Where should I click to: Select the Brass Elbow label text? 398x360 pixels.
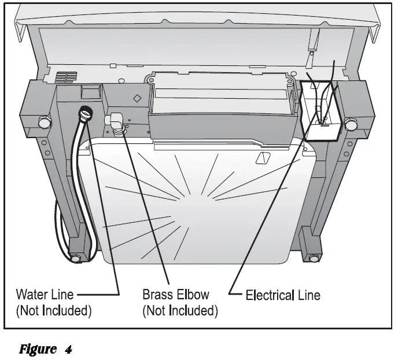176,295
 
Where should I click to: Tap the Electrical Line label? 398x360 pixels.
283,295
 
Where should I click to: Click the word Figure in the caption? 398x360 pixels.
38,349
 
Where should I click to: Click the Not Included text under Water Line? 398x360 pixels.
53,311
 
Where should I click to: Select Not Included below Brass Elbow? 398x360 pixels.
180,311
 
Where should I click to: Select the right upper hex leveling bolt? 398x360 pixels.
351,124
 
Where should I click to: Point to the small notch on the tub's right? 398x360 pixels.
263,157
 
